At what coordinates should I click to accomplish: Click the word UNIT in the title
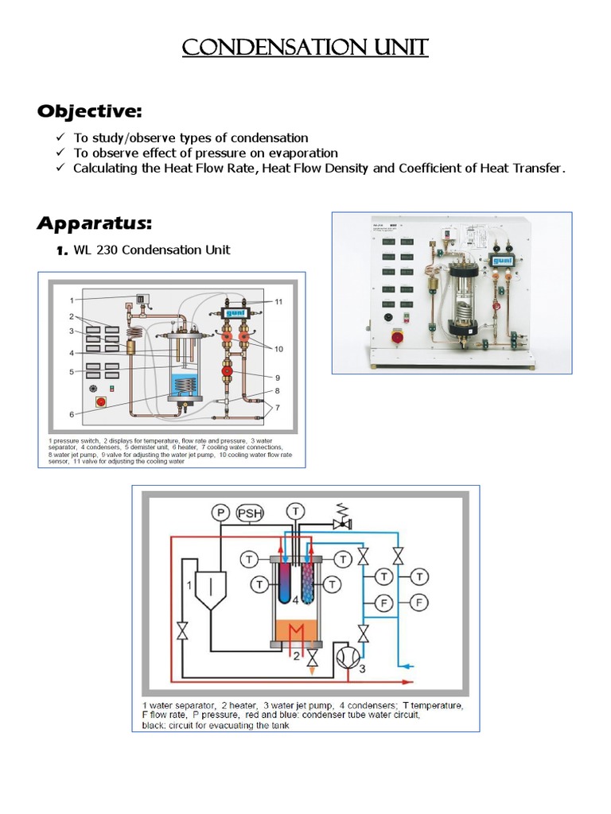[394, 48]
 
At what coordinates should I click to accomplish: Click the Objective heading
[89, 110]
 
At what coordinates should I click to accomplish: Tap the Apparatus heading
[94, 223]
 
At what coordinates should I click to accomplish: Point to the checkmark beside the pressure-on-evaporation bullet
[60, 153]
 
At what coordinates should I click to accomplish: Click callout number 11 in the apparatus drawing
[278, 302]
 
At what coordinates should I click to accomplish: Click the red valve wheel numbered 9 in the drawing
[226, 372]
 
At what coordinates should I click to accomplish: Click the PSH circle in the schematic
[251, 514]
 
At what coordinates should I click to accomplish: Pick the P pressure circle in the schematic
[220, 514]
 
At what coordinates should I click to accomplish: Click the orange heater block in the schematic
[297, 632]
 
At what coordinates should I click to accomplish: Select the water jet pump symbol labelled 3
[348, 657]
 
